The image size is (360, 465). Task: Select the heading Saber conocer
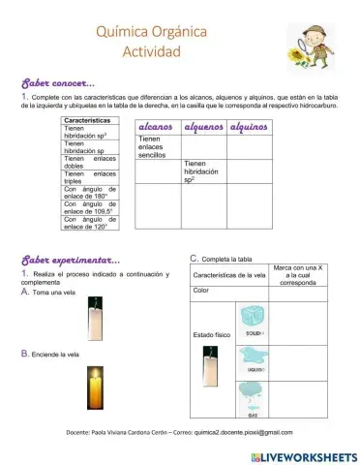click(x=52, y=84)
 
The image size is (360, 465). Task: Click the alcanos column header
click(x=156, y=127)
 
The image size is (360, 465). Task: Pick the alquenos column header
click(x=202, y=127)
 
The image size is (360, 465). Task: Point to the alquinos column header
click(x=249, y=127)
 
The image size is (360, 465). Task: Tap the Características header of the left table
click(x=91, y=120)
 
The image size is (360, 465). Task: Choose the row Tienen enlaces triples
click(x=90, y=177)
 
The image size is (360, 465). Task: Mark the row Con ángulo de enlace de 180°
click(x=90, y=193)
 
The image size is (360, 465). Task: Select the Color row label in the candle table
click(x=201, y=290)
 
